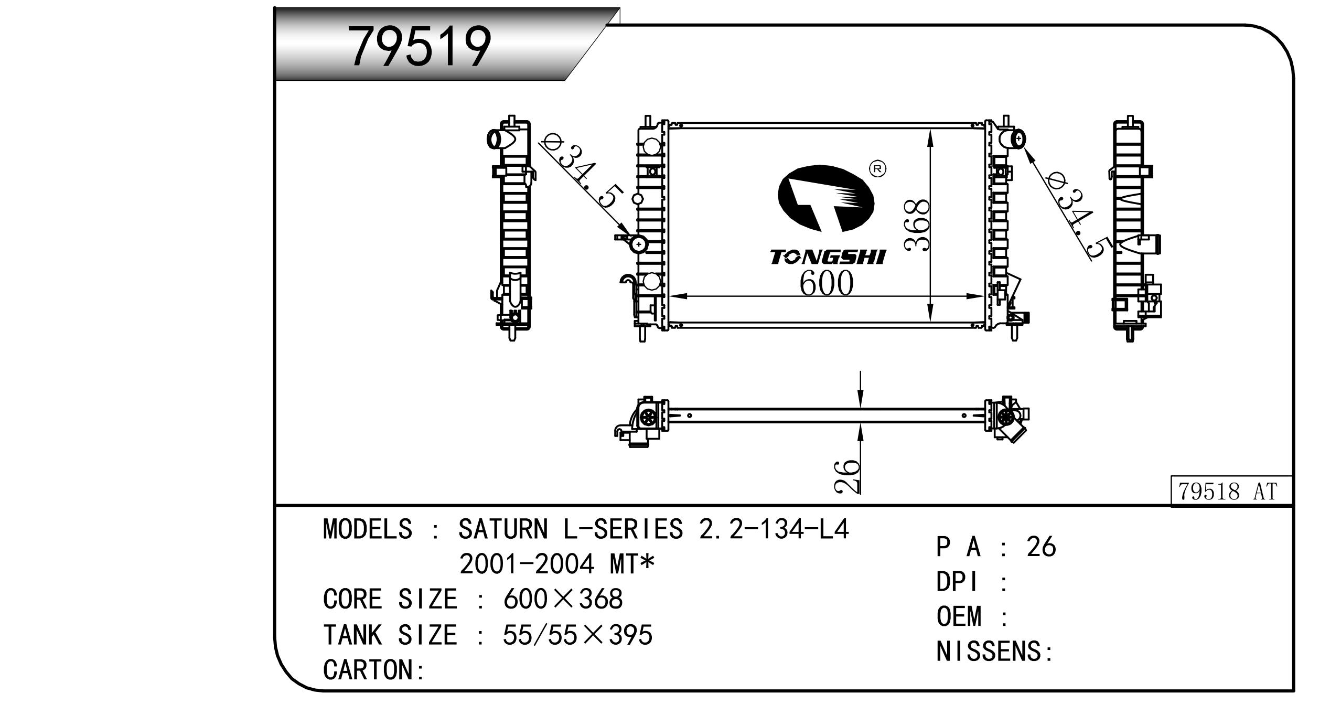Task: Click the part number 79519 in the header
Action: tap(421, 47)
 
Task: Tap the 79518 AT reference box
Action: tap(1230, 491)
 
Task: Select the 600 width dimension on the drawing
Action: tap(826, 284)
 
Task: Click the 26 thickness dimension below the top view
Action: tap(846, 477)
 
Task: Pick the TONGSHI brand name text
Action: tap(828, 257)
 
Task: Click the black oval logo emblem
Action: tap(825, 199)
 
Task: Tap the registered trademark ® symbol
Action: tap(877, 168)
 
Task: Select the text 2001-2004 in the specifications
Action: tap(527, 564)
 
